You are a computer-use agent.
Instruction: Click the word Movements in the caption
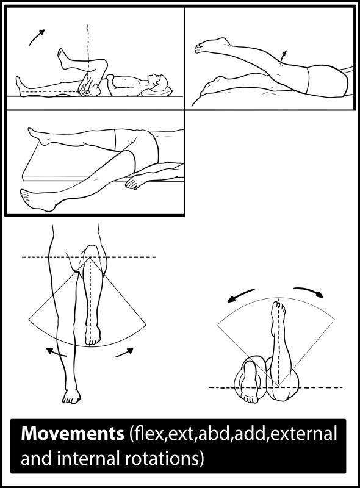point(72,435)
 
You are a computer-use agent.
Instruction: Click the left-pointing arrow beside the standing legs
point(56,352)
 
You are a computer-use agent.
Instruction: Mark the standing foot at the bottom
point(71,396)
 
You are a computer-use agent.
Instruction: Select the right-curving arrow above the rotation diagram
point(308,291)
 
